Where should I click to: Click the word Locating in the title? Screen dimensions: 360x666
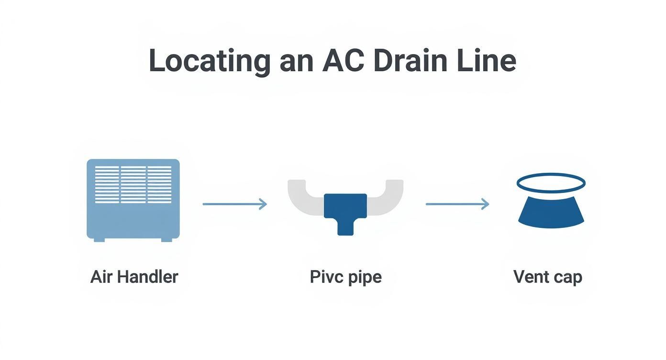(x=209, y=61)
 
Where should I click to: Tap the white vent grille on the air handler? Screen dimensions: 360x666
(x=133, y=184)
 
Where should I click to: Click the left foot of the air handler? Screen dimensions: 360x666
(x=99, y=239)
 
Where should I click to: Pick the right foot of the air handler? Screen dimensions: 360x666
(x=166, y=239)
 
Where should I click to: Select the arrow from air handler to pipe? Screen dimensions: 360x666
(x=234, y=204)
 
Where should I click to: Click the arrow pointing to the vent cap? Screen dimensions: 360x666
(x=457, y=204)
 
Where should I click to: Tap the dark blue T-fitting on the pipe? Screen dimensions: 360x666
(x=345, y=211)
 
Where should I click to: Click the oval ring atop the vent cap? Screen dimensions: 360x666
(x=551, y=182)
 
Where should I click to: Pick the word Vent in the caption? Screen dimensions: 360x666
(x=530, y=277)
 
